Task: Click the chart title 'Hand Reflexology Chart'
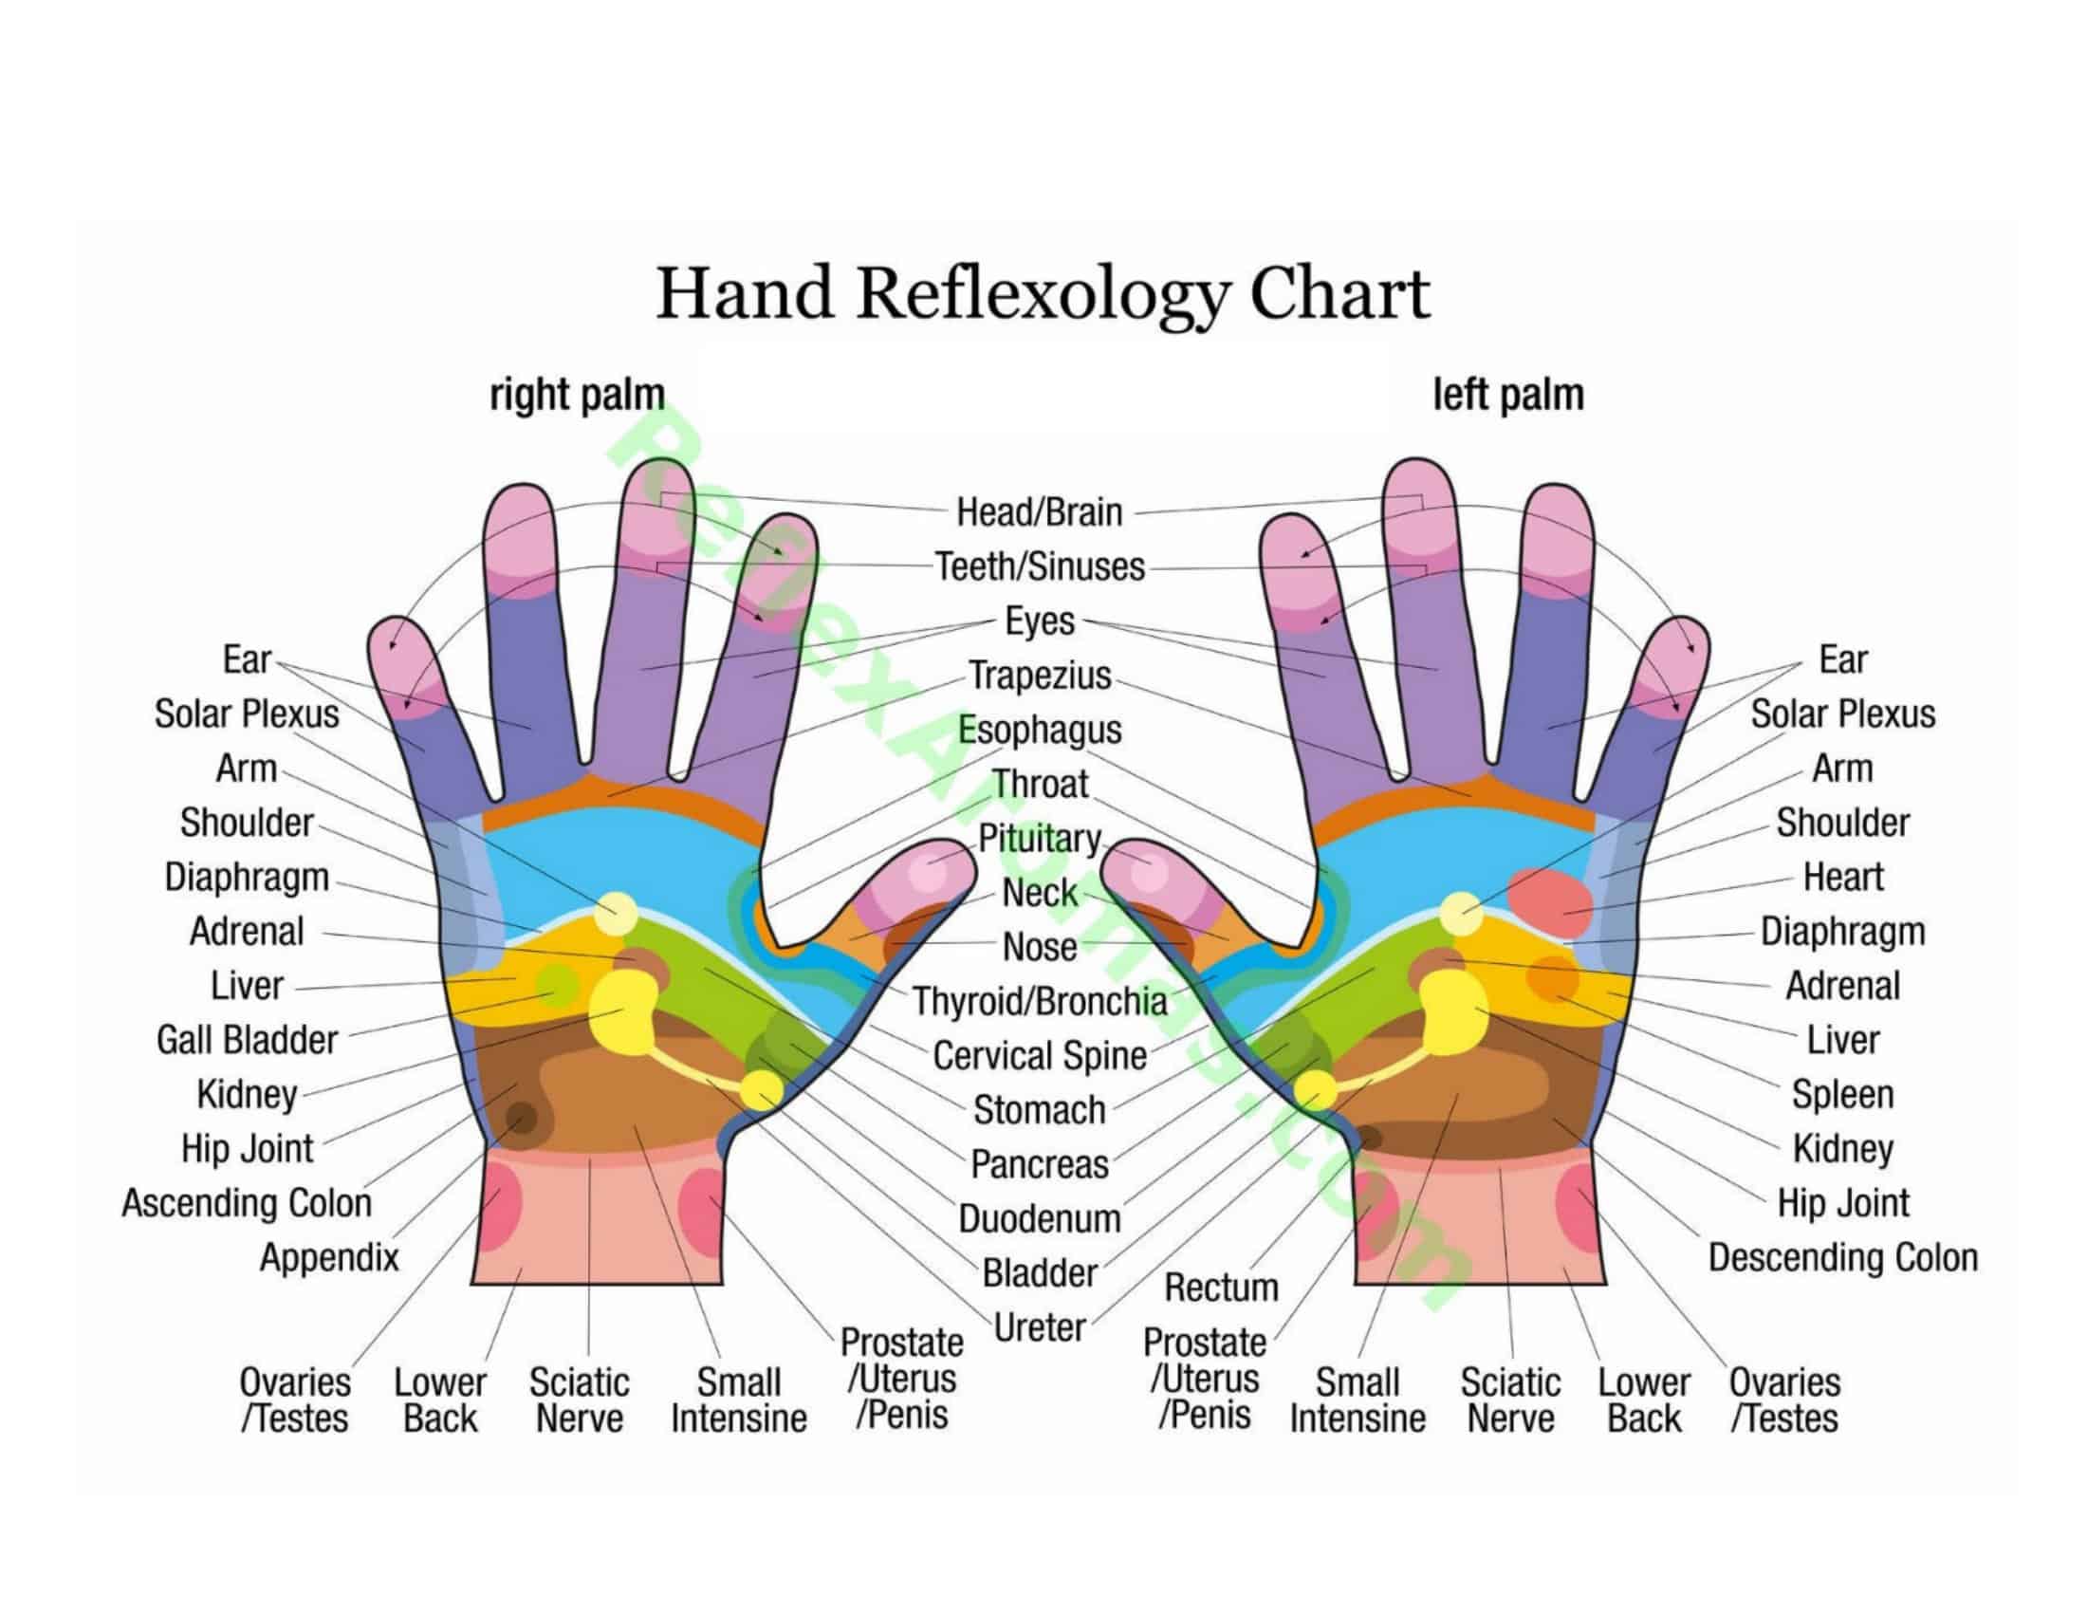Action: pos(1043,293)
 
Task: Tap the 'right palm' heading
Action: pos(576,395)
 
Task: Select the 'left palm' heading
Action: pos(1508,395)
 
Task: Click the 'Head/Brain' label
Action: pos(1040,512)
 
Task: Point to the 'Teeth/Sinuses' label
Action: pos(1040,566)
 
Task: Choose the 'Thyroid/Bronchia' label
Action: pos(1040,1001)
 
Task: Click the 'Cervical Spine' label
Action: pos(1040,1056)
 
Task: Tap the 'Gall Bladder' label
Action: pos(247,1040)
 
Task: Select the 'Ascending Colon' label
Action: pos(247,1203)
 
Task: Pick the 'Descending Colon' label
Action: pos(1842,1257)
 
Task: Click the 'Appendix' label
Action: pos(329,1257)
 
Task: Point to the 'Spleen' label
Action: pos(1842,1094)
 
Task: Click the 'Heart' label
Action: pos(1842,877)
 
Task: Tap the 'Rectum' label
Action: pos(1221,1288)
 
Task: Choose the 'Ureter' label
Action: pos(1040,1327)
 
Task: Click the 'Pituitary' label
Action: pos(1040,838)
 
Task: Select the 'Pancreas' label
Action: pos(1040,1165)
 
